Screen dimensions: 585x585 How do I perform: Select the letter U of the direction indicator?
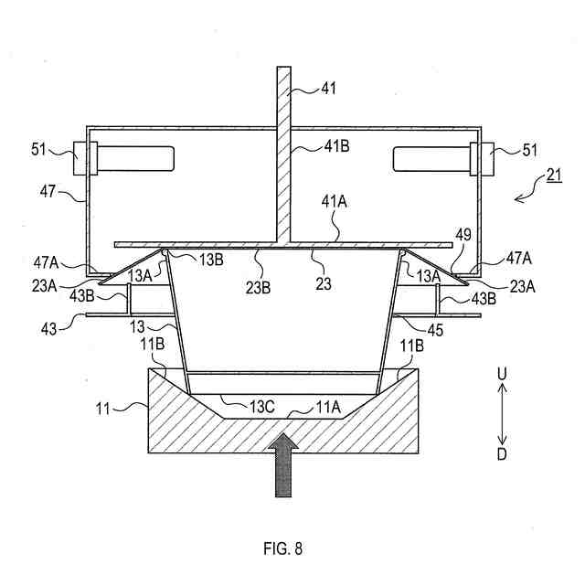(502, 375)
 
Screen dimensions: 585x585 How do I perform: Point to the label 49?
(463, 235)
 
